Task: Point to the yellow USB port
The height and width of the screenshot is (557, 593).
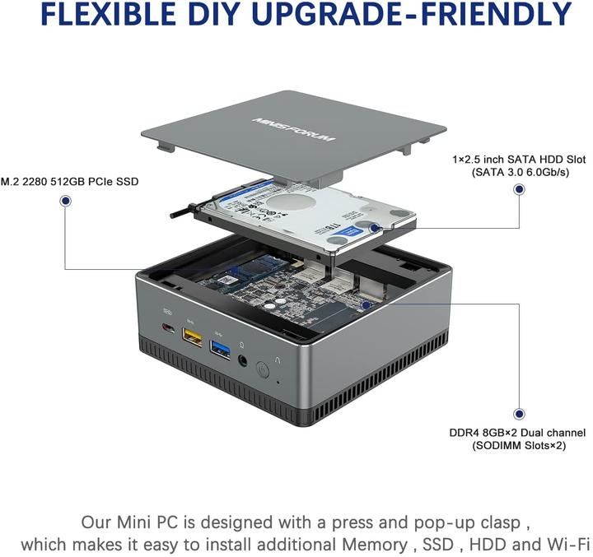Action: pyautogui.click(x=192, y=337)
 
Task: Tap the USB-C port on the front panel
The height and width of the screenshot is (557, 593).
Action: pyautogui.click(x=169, y=331)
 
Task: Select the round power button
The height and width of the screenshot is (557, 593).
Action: pyautogui.click(x=263, y=370)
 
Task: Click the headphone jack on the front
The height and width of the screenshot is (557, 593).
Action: pyautogui.click(x=244, y=359)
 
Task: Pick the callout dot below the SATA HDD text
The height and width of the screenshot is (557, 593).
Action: pyautogui.click(x=519, y=189)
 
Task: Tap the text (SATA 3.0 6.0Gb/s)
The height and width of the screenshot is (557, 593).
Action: pyautogui.click(x=519, y=172)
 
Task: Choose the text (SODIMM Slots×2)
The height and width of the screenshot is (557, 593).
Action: pyautogui.click(x=519, y=446)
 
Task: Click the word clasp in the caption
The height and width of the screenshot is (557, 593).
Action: pyautogui.click(x=489, y=522)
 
